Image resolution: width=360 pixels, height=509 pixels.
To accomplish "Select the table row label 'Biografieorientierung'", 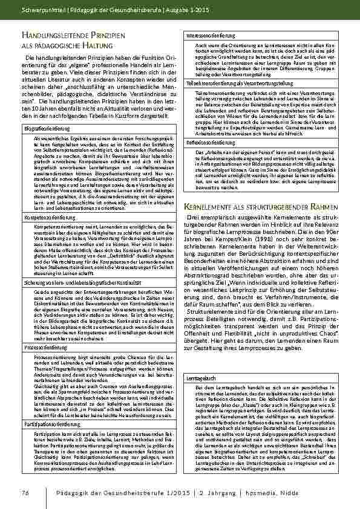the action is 41,130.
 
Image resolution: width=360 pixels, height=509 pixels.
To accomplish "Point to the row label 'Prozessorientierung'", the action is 39,348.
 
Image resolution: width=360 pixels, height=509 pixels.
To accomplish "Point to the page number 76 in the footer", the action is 25,493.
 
